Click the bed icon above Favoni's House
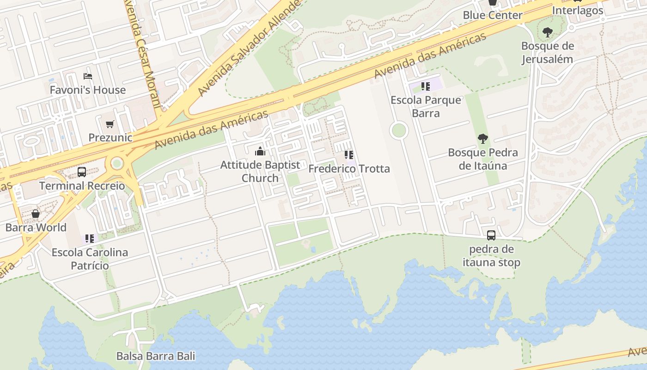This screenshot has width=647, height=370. click(88, 76)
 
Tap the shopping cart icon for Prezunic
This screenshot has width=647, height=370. click(110, 124)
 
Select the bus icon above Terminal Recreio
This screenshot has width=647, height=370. click(82, 172)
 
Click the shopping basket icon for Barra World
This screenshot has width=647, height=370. click(36, 214)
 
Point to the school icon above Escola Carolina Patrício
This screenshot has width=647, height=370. click(90, 239)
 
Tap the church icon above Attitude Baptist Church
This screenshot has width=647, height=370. click(260, 151)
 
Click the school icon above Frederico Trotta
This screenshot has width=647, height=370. click(349, 155)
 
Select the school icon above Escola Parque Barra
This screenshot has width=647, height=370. click(426, 86)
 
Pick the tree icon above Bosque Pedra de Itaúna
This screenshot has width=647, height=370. click(483, 139)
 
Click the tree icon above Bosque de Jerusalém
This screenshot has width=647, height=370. click(548, 32)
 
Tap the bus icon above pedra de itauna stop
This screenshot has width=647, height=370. click(491, 235)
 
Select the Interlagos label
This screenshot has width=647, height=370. click(578, 10)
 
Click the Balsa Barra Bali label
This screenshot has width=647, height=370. click(156, 356)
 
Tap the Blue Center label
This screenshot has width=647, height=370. click(493, 15)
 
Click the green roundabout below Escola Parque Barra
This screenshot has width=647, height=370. click(398, 130)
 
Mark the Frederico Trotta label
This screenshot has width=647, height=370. click(349, 169)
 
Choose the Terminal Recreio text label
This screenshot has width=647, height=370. click(82, 186)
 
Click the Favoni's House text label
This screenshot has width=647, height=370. click(88, 90)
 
